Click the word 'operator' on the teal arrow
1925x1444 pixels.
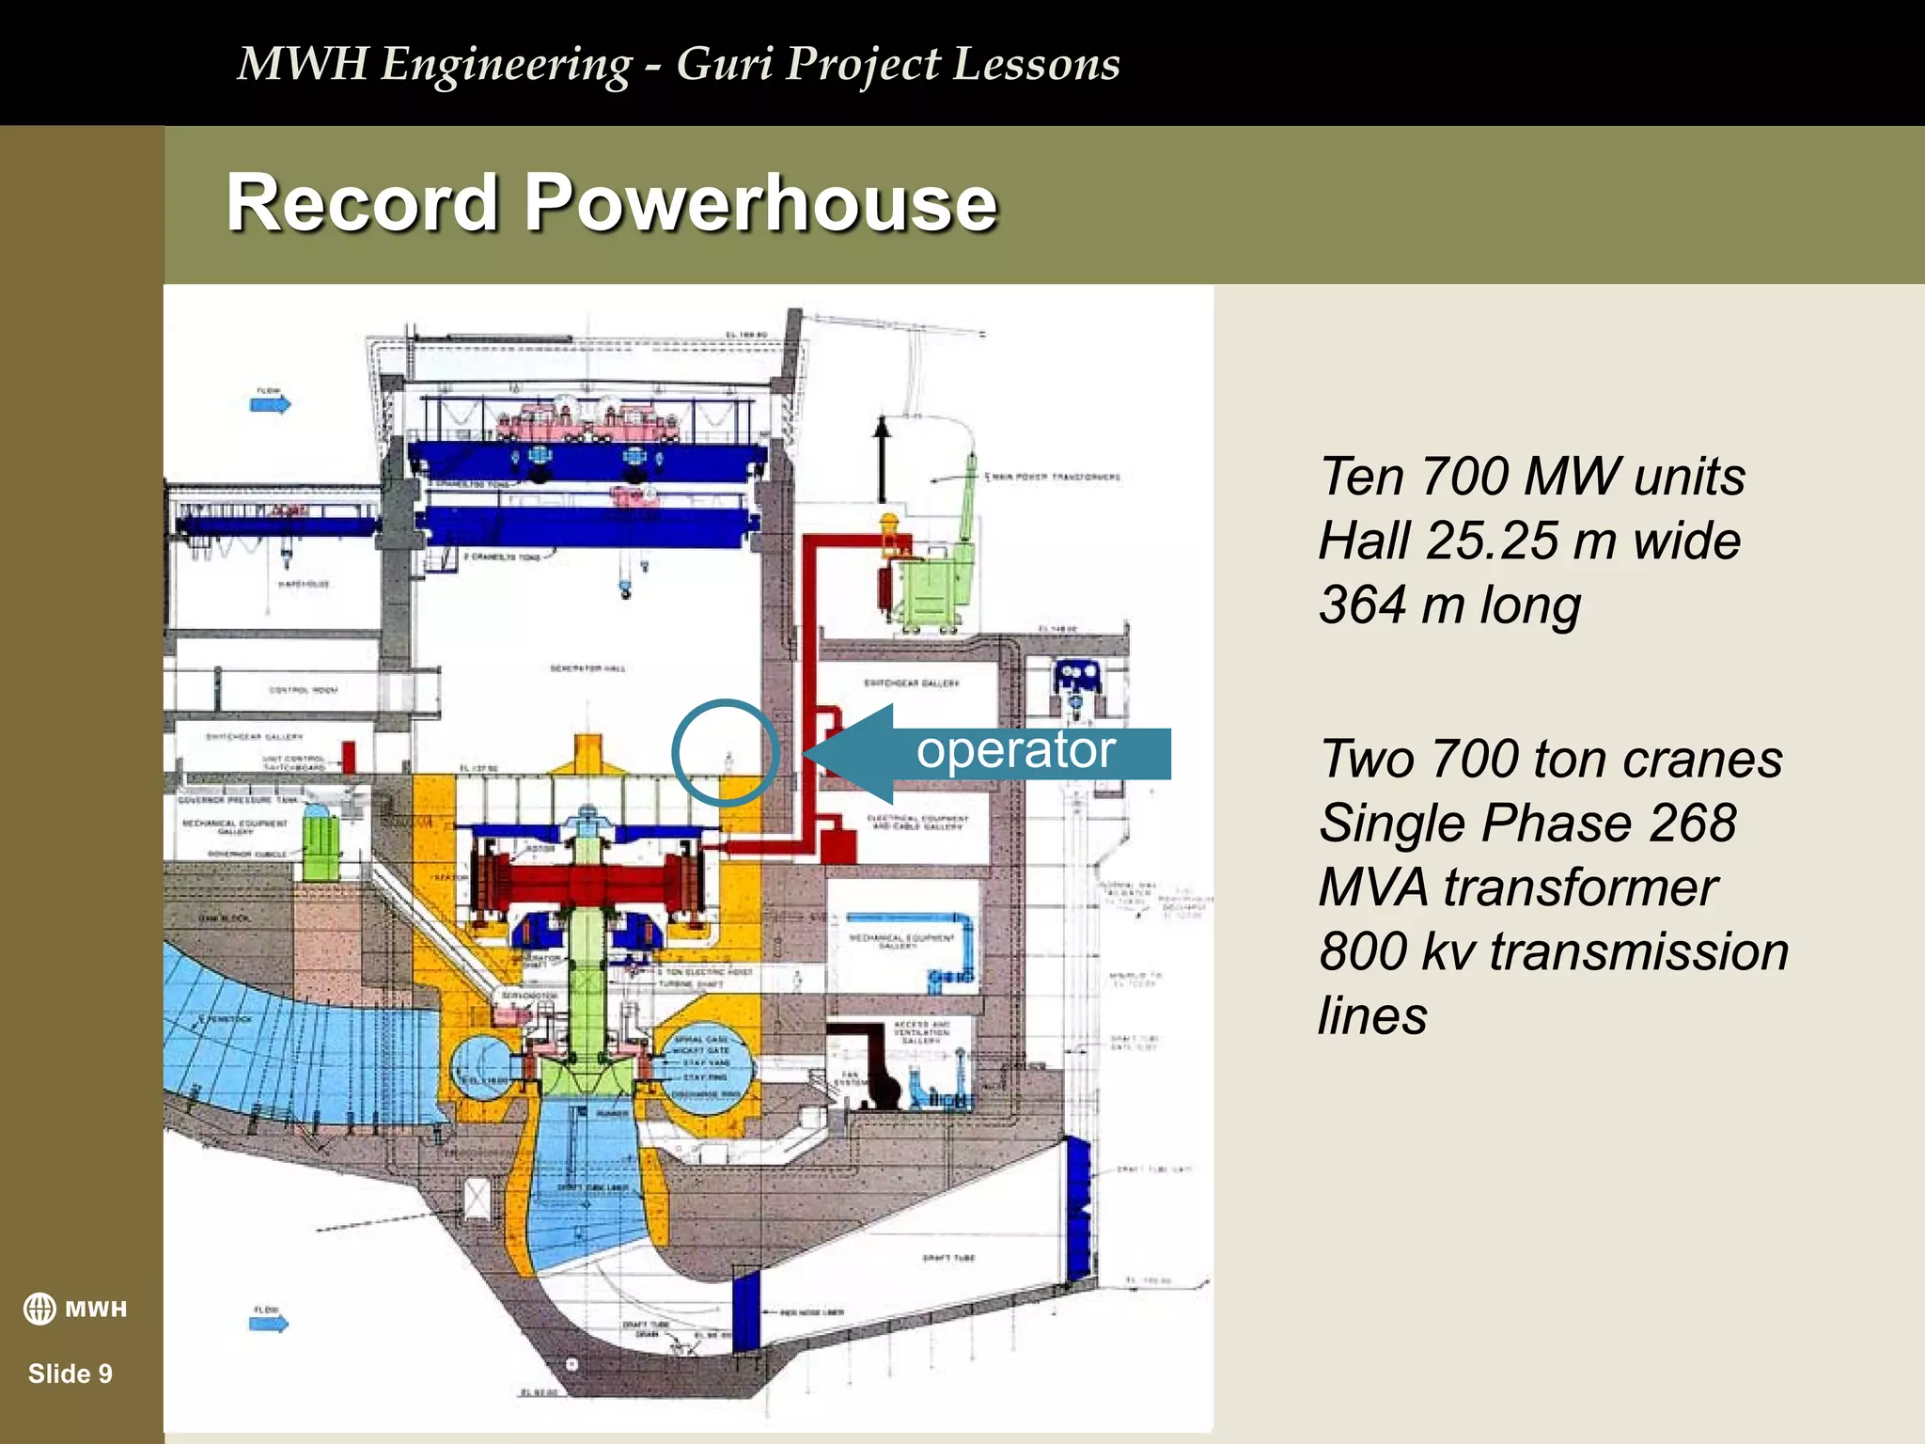[1015, 750]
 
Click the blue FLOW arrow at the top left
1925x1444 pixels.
[271, 404]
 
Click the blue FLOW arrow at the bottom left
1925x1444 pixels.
[269, 1324]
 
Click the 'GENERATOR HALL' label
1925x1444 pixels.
[587, 668]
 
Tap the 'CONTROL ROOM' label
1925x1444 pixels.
[303, 690]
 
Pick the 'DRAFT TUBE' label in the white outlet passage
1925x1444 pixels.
[947, 1257]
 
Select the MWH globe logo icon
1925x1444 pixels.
[39, 1309]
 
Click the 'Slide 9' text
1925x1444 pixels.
[70, 1373]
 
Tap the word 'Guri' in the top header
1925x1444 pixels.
[725, 64]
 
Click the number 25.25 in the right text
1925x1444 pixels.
[1491, 541]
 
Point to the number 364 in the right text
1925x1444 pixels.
[1363, 604]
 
